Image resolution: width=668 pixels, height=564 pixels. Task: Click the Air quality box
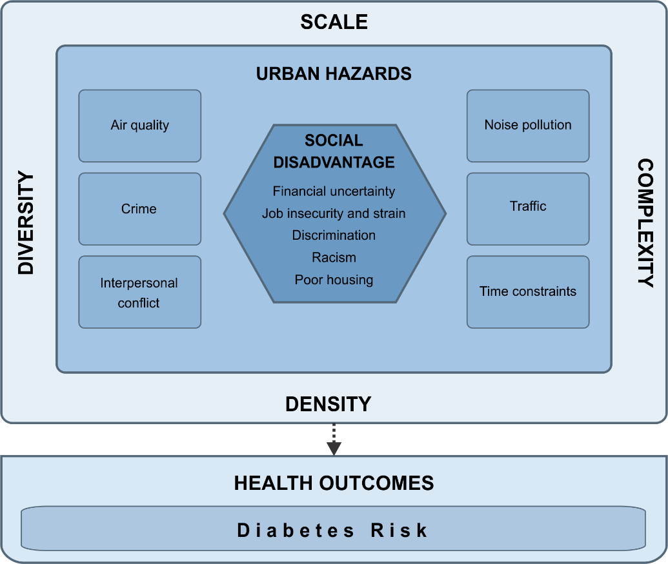tap(139, 126)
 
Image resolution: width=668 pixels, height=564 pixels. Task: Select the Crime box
tap(139, 209)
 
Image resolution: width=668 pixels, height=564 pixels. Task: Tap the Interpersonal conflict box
tap(139, 292)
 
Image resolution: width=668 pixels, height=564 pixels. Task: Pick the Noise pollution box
tap(528, 126)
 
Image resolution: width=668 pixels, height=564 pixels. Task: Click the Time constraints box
tap(528, 291)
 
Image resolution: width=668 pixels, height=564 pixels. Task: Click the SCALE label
tap(334, 23)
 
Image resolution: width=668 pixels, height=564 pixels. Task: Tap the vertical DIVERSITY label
tap(26, 223)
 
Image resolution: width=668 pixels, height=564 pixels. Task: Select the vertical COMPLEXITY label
tap(645, 223)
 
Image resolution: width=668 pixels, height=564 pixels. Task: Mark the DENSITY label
tap(329, 404)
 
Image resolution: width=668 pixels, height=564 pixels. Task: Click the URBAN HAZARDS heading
tap(334, 73)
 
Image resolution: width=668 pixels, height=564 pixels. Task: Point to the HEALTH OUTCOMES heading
tap(334, 483)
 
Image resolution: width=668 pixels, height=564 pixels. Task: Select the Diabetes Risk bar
tap(334, 530)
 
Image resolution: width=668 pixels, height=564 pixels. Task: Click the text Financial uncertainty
tap(334, 191)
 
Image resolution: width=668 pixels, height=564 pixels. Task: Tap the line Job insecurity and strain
tap(334, 213)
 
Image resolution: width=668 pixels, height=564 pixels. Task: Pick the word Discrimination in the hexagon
tap(334, 235)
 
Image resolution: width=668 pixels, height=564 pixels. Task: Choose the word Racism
tap(334, 258)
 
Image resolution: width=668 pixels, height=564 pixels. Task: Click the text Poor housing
tap(334, 280)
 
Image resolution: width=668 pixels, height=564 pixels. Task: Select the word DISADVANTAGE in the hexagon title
tap(334, 162)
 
